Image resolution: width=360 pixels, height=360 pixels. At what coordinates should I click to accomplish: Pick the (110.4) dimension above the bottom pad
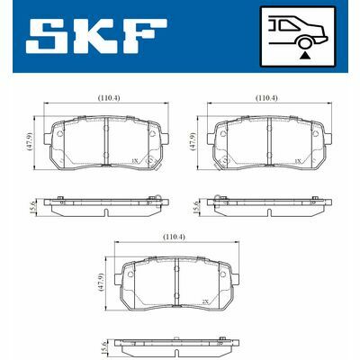click(173, 238)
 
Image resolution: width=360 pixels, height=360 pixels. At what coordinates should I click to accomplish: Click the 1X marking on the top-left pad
click(134, 159)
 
